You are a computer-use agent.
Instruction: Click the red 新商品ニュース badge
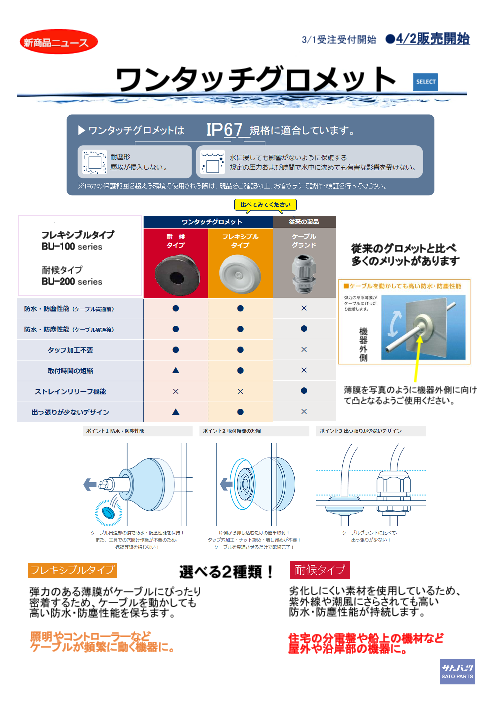click(54, 44)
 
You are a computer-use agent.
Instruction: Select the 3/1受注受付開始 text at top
click(339, 40)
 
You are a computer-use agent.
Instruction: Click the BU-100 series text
click(71, 245)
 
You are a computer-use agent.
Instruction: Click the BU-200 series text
click(71, 282)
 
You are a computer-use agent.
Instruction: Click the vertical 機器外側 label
click(363, 342)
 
